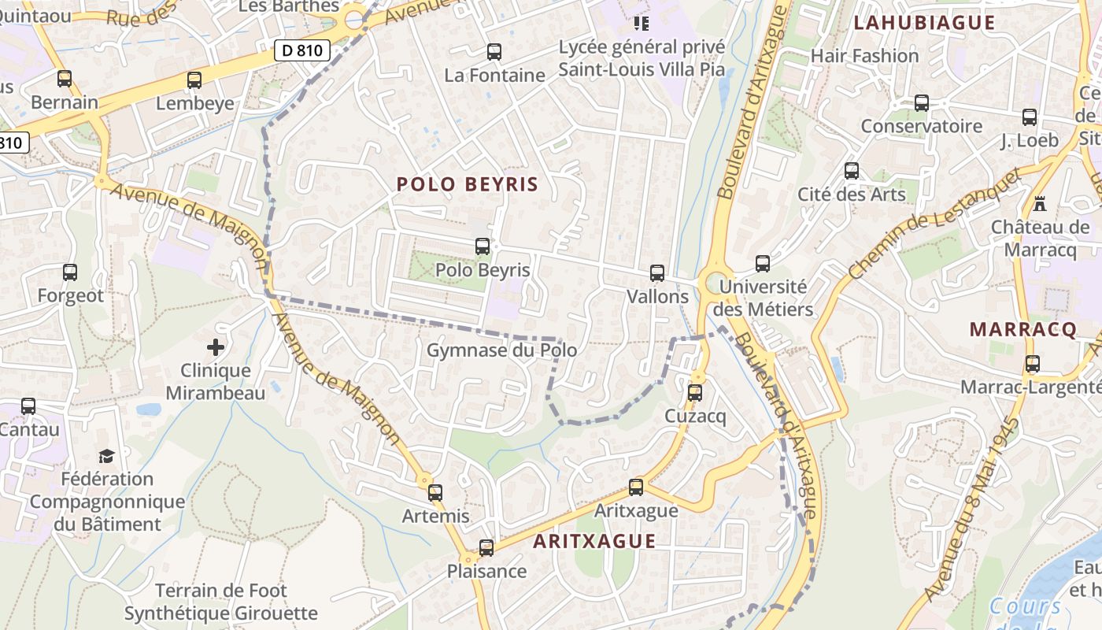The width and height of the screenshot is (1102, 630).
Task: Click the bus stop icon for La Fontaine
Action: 494,53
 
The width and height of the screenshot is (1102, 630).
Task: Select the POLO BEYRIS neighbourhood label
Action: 468,185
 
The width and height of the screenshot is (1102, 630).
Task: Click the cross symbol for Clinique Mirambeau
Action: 216,346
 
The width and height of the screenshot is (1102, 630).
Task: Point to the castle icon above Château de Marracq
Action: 1040,203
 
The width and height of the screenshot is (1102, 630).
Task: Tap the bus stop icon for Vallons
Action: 657,273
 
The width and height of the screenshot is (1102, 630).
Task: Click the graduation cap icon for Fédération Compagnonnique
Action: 106,456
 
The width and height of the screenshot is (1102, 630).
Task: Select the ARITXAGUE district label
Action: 594,541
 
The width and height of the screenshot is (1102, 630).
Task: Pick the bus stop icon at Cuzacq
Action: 695,392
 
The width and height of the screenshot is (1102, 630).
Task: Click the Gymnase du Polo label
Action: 501,350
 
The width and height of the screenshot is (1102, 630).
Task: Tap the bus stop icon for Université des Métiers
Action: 762,264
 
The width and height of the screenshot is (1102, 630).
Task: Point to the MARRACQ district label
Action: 1022,330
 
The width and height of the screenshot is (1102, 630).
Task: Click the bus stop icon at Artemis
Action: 435,493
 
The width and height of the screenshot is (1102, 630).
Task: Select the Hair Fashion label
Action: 864,56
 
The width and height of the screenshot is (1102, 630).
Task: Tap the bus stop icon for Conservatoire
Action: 921,103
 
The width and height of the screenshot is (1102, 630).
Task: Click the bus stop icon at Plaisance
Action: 486,548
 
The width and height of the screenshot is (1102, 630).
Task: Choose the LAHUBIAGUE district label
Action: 924,23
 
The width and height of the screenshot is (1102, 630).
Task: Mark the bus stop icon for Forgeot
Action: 70,272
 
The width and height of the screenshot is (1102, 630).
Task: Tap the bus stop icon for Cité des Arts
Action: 851,171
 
